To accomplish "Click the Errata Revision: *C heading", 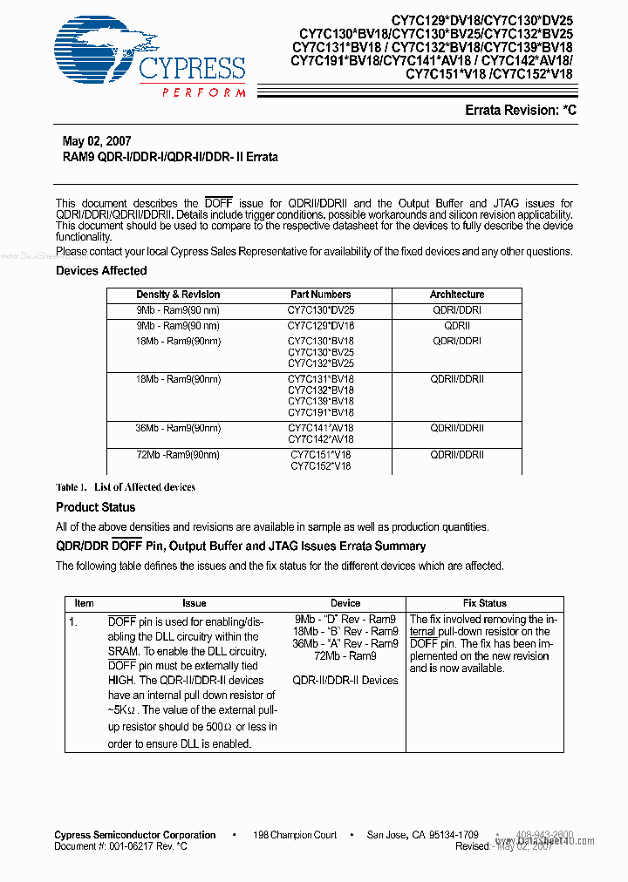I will click(521, 111).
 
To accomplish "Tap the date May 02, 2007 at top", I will click(97, 141).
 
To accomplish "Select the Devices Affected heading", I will click(101, 271).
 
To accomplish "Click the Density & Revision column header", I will click(178, 295).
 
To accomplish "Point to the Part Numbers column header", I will click(321, 295).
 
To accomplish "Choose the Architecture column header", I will click(456, 295).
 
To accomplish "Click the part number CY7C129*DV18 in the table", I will click(321, 326).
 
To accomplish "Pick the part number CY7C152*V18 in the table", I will click(321, 466).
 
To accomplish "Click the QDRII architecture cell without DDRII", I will click(456, 326).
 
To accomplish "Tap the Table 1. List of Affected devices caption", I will click(126, 487).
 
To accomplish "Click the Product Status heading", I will click(96, 507).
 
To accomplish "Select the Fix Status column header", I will click(484, 603).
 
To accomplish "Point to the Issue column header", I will click(195, 603).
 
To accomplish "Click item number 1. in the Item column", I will click(74, 622).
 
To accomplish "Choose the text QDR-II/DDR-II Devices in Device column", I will click(345, 681).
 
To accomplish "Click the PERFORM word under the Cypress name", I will click(203, 92).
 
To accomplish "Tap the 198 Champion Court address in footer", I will click(295, 835).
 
